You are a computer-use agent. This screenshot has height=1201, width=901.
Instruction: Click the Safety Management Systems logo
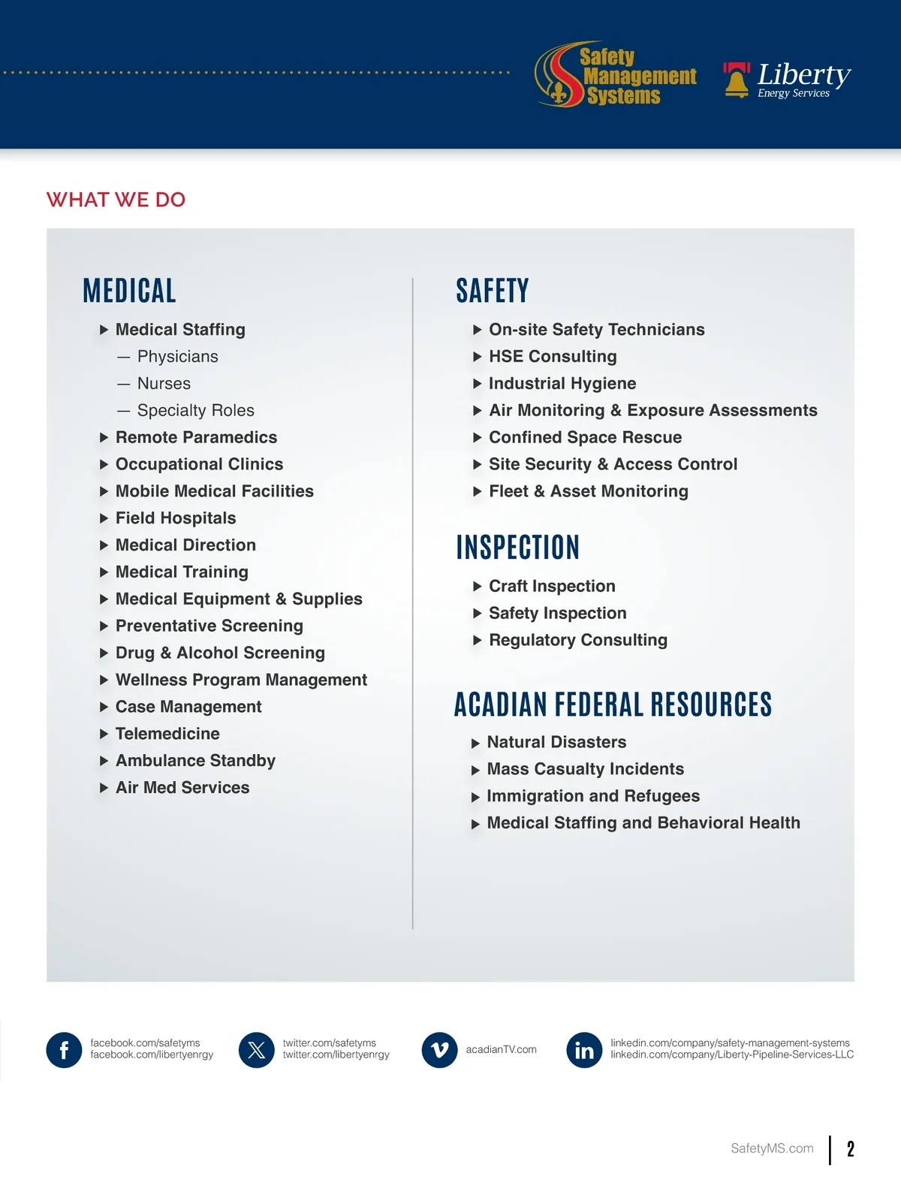(x=616, y=74)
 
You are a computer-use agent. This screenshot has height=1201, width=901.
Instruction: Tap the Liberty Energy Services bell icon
(x=737, y=80)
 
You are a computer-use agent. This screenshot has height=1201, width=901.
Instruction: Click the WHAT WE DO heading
(x=116, y=200)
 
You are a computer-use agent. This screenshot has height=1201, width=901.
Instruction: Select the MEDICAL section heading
(x=129, y=291)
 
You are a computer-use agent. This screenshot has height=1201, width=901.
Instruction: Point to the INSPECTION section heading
(x=517, y=548)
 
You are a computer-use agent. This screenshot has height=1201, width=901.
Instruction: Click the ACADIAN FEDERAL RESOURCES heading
(x=613, y=705)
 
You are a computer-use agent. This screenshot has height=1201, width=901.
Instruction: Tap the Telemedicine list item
(x=167, y=734)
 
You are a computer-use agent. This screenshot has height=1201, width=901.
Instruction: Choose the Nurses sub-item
(x=164, y=384)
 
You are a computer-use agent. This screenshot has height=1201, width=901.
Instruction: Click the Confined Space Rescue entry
(x=585, y=438)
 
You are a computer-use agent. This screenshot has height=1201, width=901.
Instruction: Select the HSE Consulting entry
(x=553, y=357)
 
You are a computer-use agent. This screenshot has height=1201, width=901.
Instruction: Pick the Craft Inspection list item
(x=552, y=587)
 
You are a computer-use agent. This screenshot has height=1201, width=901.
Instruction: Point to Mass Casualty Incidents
(x=585, y=769)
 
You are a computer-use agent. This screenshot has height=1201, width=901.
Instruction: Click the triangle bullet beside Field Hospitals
(x=104, y=518)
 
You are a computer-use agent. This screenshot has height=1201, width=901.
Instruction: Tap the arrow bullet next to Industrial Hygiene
(x=478, y=384)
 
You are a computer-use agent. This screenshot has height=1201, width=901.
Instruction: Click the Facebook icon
(x=64, y=1050)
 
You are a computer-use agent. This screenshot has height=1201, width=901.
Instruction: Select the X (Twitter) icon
(x=256, y=1050)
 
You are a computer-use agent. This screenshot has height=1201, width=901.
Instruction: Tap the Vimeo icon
(x=439, y=1050)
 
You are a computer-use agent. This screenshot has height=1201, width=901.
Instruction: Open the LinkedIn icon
(x=584, y=1050)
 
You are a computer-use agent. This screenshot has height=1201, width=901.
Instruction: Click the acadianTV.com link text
(x=501, y=1050)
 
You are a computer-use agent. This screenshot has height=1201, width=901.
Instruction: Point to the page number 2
(x=850, y=1149)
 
